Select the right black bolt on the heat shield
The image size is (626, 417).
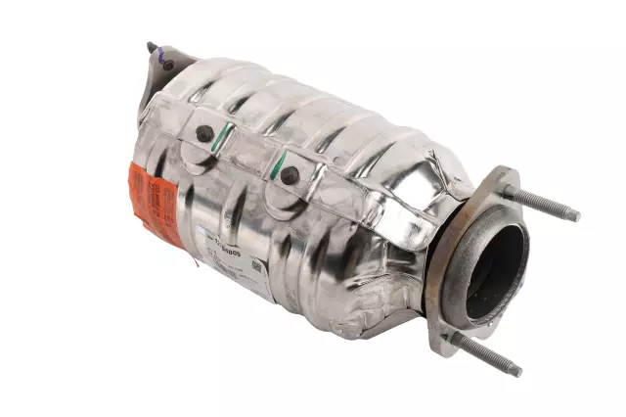click(x=290, y=175)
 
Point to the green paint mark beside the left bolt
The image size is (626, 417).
click(x=224, y=136)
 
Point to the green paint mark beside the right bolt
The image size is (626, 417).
click(x=280, y=162)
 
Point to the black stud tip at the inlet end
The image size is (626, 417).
click(x=151, y=45)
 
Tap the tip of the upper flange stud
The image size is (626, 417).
click(x=575, y=215)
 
